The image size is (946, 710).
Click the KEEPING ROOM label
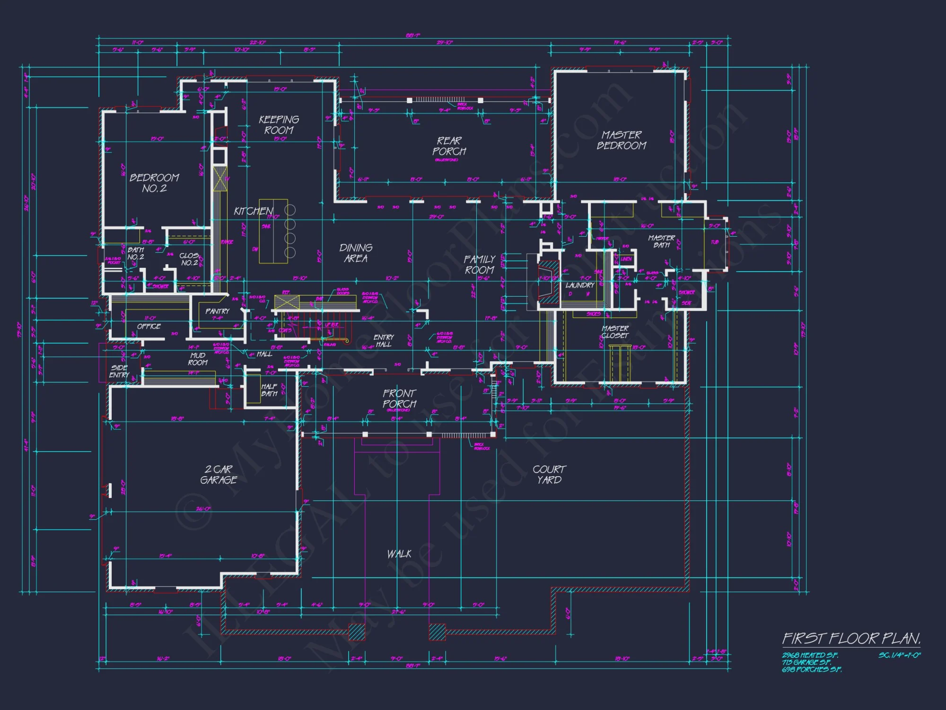[279, 124]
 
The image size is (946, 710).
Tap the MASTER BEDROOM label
[621, 140]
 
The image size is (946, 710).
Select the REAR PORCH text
[449, 146]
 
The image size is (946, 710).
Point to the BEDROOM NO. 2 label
[154, 183]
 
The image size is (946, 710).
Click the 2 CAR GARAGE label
[219, 474]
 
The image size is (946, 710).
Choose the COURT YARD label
[549, 474]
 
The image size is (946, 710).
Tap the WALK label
[399, 554]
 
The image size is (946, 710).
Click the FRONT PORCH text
[400, 399]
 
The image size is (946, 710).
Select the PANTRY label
[217, 311]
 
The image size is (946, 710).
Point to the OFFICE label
[149, 326]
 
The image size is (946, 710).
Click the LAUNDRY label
[579, 285]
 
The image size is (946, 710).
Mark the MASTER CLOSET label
[615, 331]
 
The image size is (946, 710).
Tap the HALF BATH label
[269, 390]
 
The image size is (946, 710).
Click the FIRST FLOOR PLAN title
[851, 639]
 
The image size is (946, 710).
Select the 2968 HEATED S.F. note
[810, 655]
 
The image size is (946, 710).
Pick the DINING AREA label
[356, 253]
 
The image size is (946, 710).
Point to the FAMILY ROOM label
[479, 264]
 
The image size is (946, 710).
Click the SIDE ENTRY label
[119, 371]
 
